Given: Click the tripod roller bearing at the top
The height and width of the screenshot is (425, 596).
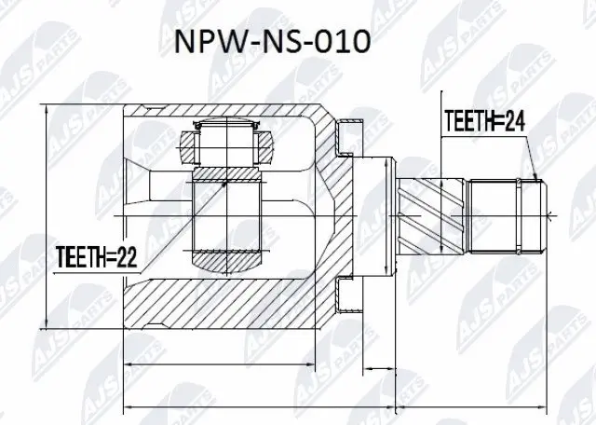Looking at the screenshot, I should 224,144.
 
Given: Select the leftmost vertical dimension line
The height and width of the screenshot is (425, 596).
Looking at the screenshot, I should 47,214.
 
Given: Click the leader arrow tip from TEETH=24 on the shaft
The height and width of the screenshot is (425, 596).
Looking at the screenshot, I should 537,179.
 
